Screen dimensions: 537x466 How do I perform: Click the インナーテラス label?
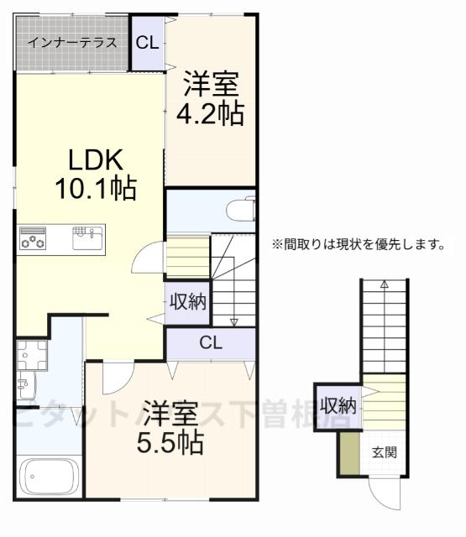(71, 43)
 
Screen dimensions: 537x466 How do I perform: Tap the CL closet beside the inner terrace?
(148, 43)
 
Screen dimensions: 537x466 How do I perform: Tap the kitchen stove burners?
(34, 238)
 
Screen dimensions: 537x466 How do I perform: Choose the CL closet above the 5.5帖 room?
(211, 342)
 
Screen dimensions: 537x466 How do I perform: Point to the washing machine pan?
(34, 357)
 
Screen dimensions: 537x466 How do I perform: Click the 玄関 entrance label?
(385, 452)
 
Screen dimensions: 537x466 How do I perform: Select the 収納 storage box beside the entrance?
(337, 406)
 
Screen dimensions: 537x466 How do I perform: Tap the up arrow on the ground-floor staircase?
(384, 285)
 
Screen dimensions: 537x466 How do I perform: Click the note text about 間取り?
(356, 245)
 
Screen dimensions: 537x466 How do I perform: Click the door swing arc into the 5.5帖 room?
(116, 378)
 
